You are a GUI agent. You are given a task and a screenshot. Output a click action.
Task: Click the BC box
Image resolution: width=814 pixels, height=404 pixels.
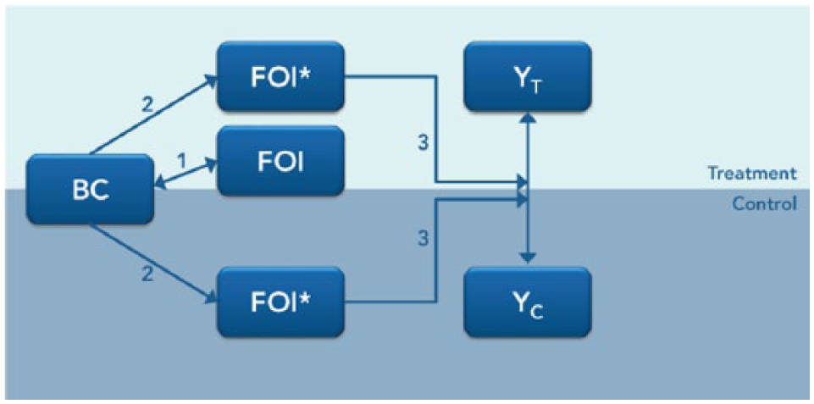(91, 190)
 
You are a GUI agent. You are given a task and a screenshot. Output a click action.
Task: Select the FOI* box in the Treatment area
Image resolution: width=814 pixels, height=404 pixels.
(281, 76)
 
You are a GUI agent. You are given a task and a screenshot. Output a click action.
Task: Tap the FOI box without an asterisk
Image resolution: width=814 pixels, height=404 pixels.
(281, 162)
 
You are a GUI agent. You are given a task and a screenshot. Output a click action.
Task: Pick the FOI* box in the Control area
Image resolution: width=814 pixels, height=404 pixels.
(281, 302)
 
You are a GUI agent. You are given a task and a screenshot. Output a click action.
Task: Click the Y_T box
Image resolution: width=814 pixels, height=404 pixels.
(528, 76)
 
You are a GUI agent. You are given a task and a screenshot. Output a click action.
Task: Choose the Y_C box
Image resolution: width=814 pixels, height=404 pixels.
(528, 302)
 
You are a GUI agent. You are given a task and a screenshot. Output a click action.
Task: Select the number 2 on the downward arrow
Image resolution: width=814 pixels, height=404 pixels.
(147, 274)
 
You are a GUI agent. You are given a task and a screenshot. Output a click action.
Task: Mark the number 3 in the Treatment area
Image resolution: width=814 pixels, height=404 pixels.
(424, 143)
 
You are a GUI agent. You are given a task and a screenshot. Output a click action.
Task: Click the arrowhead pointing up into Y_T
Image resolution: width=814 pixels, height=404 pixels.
(528, 118)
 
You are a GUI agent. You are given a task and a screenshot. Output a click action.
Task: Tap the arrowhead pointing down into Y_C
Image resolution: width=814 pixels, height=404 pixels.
(528, 258)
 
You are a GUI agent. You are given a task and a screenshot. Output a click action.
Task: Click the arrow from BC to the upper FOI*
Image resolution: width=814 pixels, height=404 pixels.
(153, 115)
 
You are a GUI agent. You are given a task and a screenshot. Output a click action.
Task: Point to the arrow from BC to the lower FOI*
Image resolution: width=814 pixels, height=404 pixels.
(153, 263)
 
